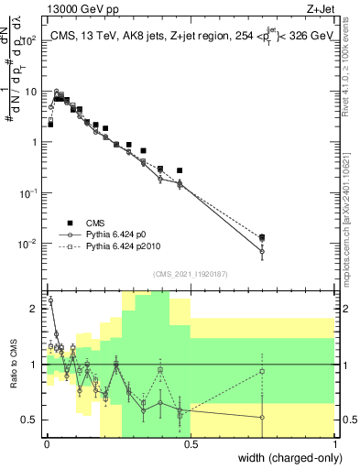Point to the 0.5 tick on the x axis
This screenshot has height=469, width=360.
coord(190,446)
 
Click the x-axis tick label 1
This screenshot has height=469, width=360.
coord(335,446)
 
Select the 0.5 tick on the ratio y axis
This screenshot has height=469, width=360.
coord(31,420)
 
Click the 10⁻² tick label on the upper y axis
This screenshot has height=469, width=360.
coord(28,244)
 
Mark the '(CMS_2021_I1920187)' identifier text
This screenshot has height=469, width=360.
coord(190,274)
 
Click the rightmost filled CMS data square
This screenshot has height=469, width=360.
coord(262,237)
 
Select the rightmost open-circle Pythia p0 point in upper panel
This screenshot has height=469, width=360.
coord(262,251)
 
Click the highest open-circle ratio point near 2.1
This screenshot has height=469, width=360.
coord(49,300)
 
